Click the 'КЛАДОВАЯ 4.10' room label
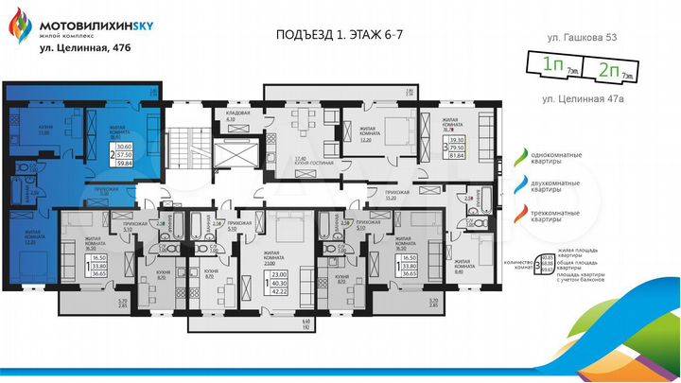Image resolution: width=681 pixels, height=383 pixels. pyautogui.click(x=236, y=118)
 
